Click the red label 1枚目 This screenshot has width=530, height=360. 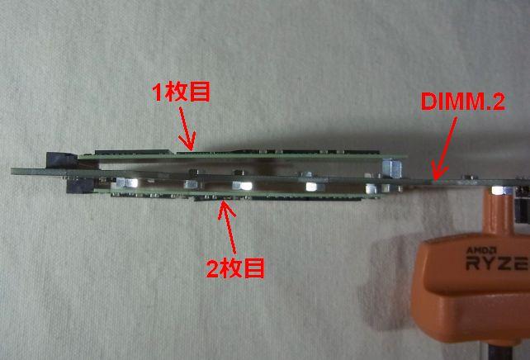coord(181,91)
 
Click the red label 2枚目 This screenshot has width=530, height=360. coord(234,268)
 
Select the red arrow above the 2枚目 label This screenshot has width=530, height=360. coord(227,228)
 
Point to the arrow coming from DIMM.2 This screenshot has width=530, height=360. coord(445,145)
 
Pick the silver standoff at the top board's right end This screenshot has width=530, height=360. coord(385,166)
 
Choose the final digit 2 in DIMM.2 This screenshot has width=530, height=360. coord(498,102)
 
